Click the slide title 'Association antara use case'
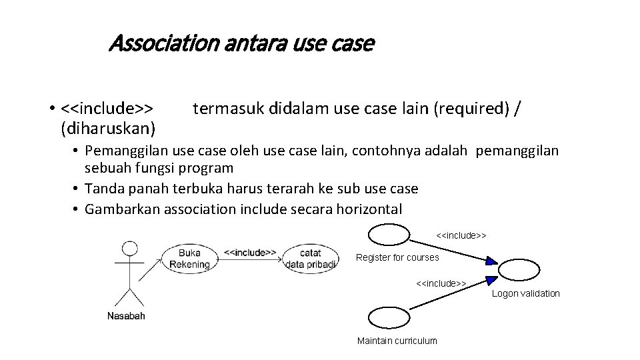241,45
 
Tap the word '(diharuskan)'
108,125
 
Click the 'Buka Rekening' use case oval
189,259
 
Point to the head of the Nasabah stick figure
130,249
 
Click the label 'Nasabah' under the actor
126,316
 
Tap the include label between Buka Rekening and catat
250,253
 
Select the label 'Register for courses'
397,257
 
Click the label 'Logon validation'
526,293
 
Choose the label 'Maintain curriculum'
397,341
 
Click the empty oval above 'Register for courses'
389,235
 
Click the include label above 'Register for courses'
461,235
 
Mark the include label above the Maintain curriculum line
441,283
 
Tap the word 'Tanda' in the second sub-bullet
105,189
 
